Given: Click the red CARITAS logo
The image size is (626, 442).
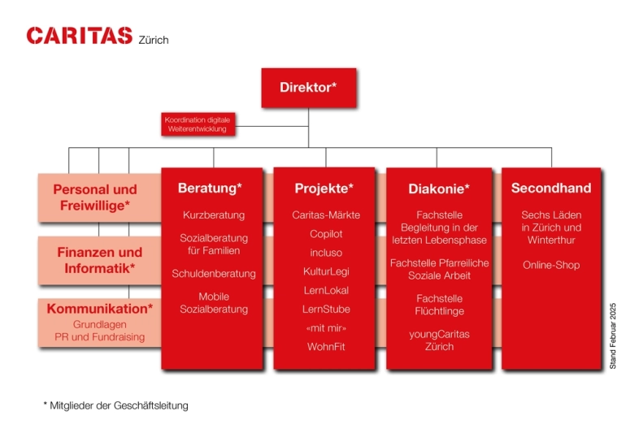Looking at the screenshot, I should point(79,35).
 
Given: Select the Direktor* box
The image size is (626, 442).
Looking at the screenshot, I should point(308,88).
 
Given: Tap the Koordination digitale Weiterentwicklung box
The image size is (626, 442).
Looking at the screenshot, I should point(197,124).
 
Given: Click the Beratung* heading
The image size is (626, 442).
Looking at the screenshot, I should point(210,188).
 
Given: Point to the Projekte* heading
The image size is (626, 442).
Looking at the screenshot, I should point(324,188).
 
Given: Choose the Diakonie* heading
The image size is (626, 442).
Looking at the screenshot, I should point(438,189).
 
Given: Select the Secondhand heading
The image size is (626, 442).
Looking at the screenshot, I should point(550,188).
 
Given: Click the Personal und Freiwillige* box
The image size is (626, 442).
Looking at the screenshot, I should point(95,197).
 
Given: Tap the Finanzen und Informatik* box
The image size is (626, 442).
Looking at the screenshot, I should point(99,260).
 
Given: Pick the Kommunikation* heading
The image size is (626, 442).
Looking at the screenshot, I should point(99,309).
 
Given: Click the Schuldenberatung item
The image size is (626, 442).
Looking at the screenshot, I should point(214,274).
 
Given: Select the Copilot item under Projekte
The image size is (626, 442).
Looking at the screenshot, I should point(326,234).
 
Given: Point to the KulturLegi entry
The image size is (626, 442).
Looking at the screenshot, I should point(326,271).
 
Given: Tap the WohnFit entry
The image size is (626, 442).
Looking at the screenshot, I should point(326,346).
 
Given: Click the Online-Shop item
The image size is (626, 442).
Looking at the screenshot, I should point(551,265).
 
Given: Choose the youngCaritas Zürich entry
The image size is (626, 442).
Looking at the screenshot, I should point(439,340).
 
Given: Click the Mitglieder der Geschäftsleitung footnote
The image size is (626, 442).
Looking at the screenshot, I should point(115,405).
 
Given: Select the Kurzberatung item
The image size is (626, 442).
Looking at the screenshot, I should point(214,215).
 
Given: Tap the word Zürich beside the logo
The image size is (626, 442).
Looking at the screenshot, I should point(154,40).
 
